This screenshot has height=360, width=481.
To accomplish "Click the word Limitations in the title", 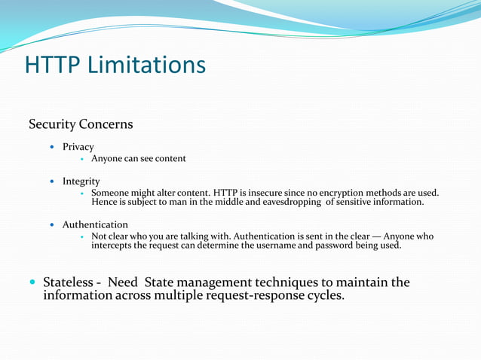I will (x=147, y=65).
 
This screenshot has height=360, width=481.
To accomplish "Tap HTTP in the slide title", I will (x=54, y=65).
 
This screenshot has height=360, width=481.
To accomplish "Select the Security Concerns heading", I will (x=81, y=124).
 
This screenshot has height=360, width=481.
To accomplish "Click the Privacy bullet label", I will (x=78, y=147).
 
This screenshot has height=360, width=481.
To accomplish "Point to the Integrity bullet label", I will (x=81, y=182).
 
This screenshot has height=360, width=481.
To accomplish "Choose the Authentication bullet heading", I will (x=95, y=224).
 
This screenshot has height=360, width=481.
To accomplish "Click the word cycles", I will (x=325, y=294).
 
